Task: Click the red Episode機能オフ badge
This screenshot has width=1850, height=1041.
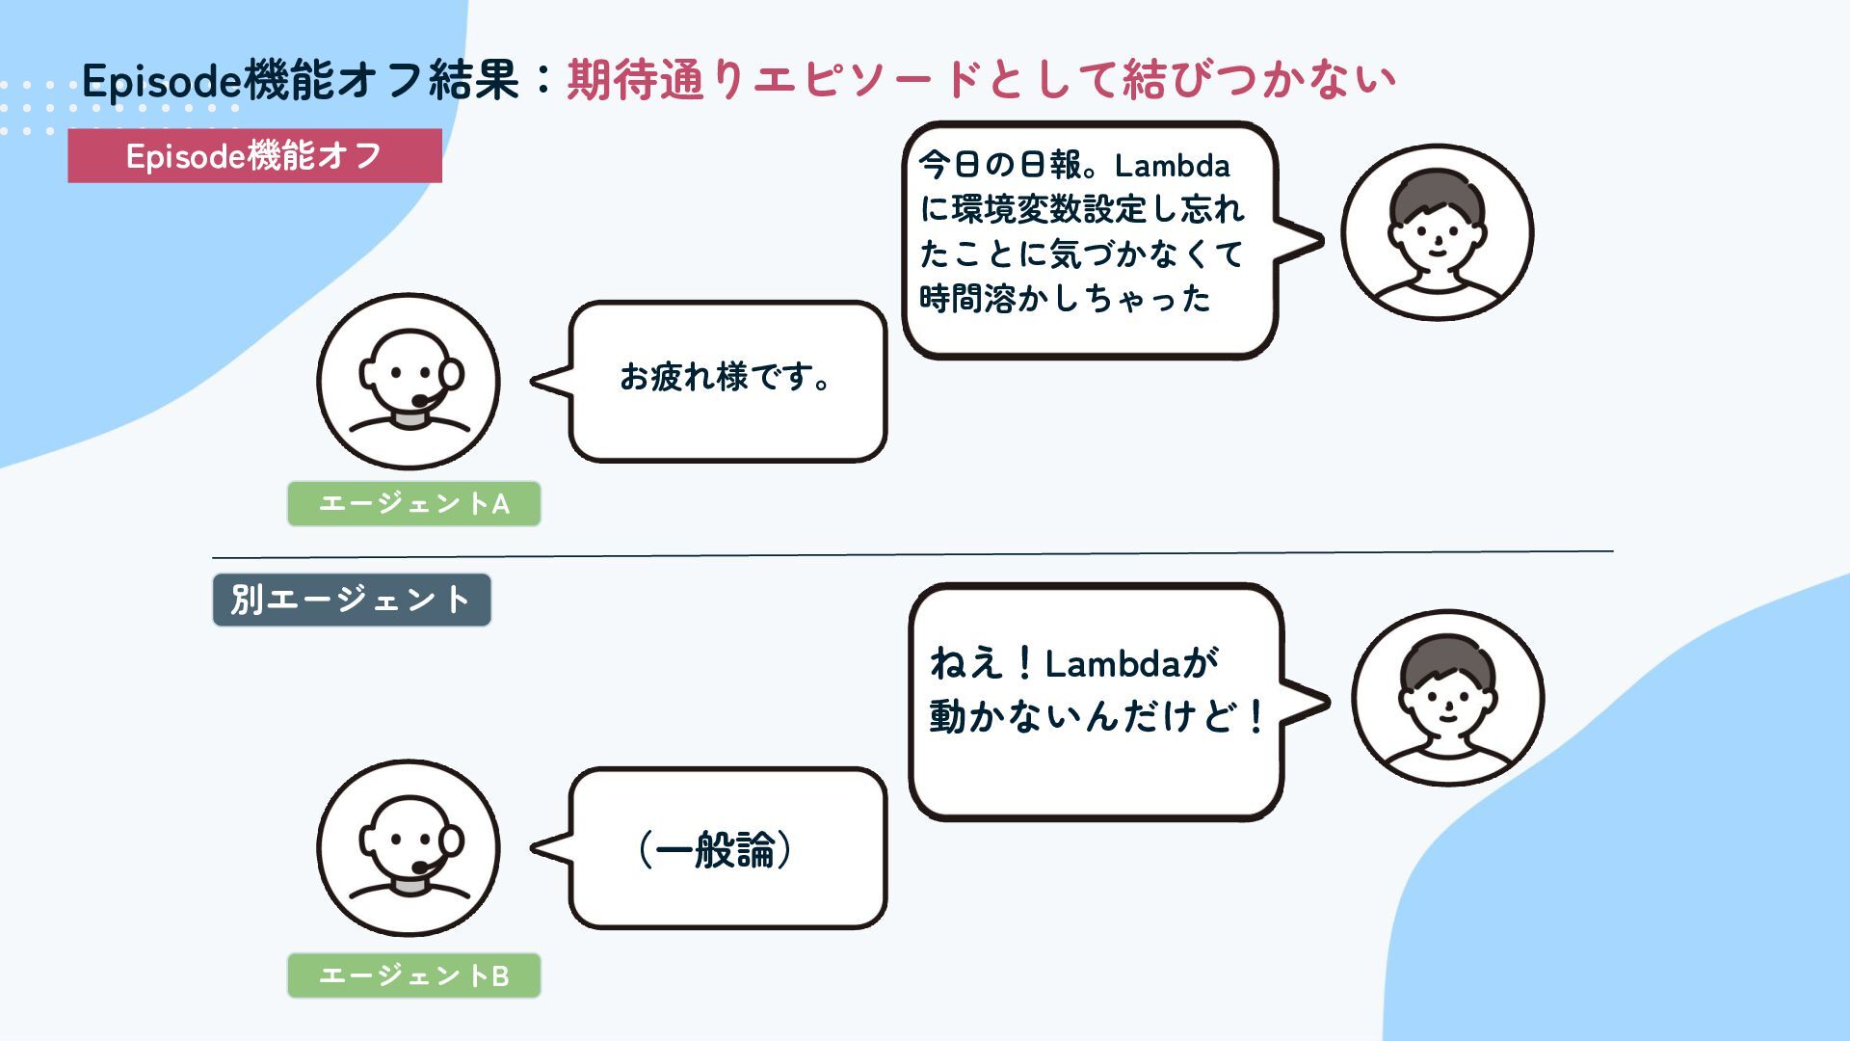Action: [x=254, y=156]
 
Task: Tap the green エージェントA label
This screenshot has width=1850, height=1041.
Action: [x=413, y=503]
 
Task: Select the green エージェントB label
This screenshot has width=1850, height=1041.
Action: [x=413, y=975]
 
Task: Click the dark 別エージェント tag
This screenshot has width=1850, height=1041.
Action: [x=351, y=600]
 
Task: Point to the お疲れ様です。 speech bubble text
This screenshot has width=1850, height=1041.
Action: [x=726, y=377]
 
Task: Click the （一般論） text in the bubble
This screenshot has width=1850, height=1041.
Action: [x=715, y=849]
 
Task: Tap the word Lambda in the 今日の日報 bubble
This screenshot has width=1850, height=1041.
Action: [x=1172, y=167]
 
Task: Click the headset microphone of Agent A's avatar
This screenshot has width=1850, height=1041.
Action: [x=421, y=401]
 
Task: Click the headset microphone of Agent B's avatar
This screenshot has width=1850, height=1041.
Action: [x=421, y=867]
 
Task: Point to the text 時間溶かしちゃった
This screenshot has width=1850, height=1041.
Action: [x=1065, y=299]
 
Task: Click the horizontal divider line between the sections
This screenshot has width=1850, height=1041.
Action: [x=912, y=554]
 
